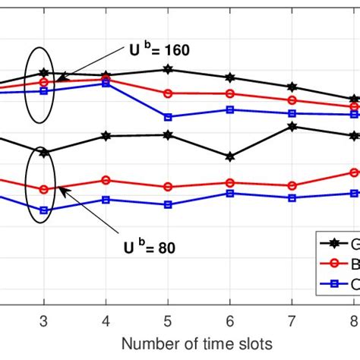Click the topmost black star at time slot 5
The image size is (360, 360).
pyautogui.click(x=168, y=69)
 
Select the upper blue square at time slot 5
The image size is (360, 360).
pyautogui.click(x=168, y=117)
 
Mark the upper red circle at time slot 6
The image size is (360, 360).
pyautogui.click(x=229, y=93)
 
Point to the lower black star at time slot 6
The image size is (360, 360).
pyautogui.click(x=229, y=156)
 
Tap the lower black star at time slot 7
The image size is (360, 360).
pyautogui.click(x=292, y=126)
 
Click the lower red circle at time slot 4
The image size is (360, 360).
pyautogui.click(x=106, y=180)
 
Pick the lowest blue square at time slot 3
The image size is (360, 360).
pyautogui.click(x=44, y=210)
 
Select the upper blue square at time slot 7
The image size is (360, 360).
pyautogui.click(x=292, y=113)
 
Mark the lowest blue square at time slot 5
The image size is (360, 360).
pyautogui.click(x=168, y=204)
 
